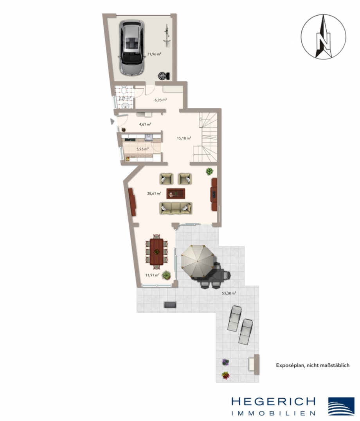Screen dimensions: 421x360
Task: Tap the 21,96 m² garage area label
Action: tap(154, 54)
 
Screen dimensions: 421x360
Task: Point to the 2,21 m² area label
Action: tap(124, 98)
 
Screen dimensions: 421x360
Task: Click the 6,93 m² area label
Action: tap(160, 100)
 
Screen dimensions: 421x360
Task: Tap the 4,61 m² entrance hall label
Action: tap(145, 124)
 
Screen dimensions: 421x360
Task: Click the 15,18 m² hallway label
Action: tap(184, 138)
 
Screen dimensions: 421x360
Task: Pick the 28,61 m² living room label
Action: tap(154, 193)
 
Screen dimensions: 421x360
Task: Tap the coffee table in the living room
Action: tap(176, 193)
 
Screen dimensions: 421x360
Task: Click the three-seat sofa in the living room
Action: tap(176, 208)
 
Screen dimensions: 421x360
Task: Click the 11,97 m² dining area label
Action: tap(152, 275)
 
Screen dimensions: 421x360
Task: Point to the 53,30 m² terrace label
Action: tap(229, 293)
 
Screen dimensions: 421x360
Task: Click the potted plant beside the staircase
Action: tap(210, 171)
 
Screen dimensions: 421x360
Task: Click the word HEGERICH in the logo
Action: tap(274, 402)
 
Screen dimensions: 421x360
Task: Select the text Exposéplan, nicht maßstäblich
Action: tap(312, 365)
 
